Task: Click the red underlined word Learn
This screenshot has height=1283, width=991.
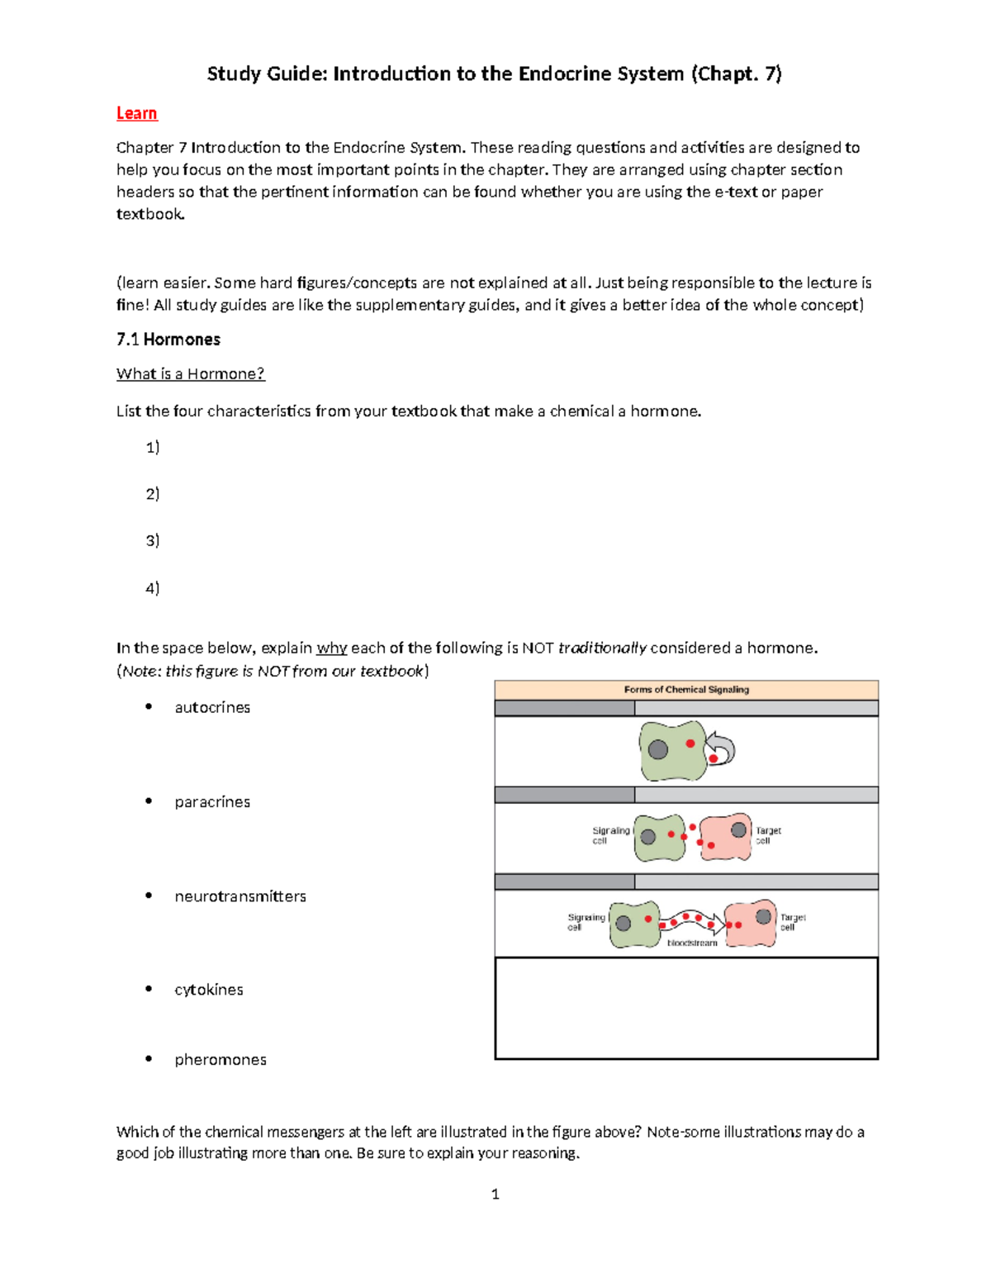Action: click(136, 113)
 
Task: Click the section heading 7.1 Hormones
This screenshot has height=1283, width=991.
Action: click(168, 340)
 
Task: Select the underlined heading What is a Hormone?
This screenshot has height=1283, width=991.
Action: click(191, 373)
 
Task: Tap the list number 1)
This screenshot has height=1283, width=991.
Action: click(153, 447)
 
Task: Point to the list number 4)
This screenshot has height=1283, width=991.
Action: click(153, 588)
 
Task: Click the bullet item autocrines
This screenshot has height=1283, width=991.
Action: click(212, 707)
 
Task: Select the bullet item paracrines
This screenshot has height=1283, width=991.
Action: click(212, 801)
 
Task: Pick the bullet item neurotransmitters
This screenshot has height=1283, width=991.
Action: click(240, 896)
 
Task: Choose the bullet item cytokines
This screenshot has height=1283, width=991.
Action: click(209, 990)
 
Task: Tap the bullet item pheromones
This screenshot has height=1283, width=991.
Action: click(220, 1059)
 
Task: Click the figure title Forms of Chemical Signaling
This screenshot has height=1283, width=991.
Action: click(686, 689)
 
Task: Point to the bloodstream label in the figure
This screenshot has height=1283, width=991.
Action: click(692, 943)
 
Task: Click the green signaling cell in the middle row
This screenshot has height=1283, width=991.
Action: click(659, 838)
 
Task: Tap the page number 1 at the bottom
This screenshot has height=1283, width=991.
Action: click(495, 1194)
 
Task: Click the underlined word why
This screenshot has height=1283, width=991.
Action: click(331, 648)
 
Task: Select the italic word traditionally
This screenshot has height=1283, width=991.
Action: click(602, 648)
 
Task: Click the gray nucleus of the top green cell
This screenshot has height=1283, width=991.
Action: click(658, 749)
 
